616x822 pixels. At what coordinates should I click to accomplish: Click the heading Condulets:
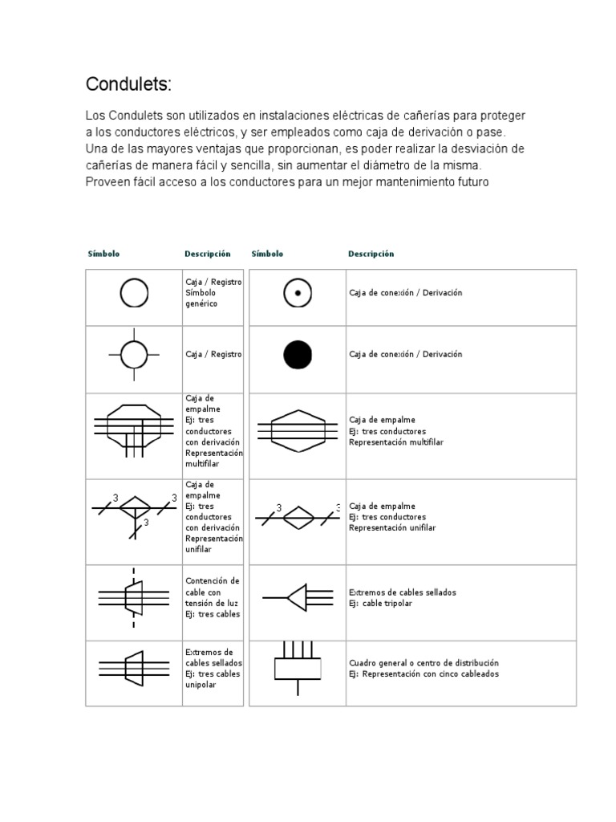pyautogui.click(x=128, y=85)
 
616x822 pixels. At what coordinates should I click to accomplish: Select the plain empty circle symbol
pyautogui.click(x=134, y=293)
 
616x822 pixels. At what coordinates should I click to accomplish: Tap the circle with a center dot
pyautogui.click(x=298, y=294)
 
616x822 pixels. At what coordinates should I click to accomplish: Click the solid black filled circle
pyautogui.click(x=298, y=354)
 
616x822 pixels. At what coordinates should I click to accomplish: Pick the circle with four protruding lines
pyautogui.click(x=134, y=354)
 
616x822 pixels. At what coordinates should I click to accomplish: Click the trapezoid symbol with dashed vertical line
pyautogui.click(x=134, y=597)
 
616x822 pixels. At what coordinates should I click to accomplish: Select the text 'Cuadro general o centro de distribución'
pyautogui.click(x=423, y=663)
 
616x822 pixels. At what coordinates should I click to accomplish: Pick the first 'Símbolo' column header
pyautogui.click(x=103, y=254)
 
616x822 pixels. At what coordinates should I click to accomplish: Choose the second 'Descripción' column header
pyautogui.click(x=371, y=254)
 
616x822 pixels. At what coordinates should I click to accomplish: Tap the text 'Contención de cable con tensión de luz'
pyautogui.click(x=213, y=591)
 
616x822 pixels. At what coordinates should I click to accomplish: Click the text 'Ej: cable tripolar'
pyautogui.click(x=380, y=604)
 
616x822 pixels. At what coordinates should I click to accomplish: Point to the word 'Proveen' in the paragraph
pyautogui.click(x=105, y=181)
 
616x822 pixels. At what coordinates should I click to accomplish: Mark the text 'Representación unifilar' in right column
pyautogui.click(x=392, y=528)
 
